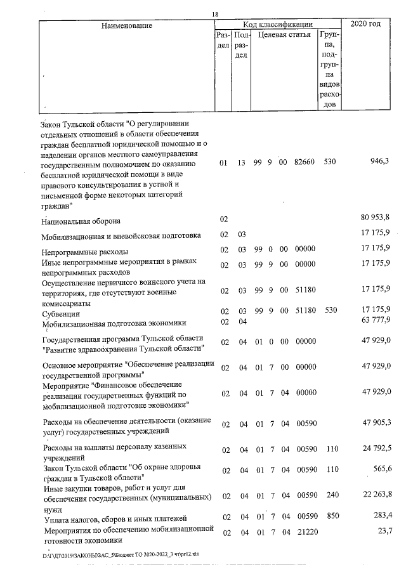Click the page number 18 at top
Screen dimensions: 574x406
(x=216, y=15)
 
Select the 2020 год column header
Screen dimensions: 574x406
(x=370, y=24)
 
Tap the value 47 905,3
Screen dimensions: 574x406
(x=374, y=422)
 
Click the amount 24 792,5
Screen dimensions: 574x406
(x=374, y=448)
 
